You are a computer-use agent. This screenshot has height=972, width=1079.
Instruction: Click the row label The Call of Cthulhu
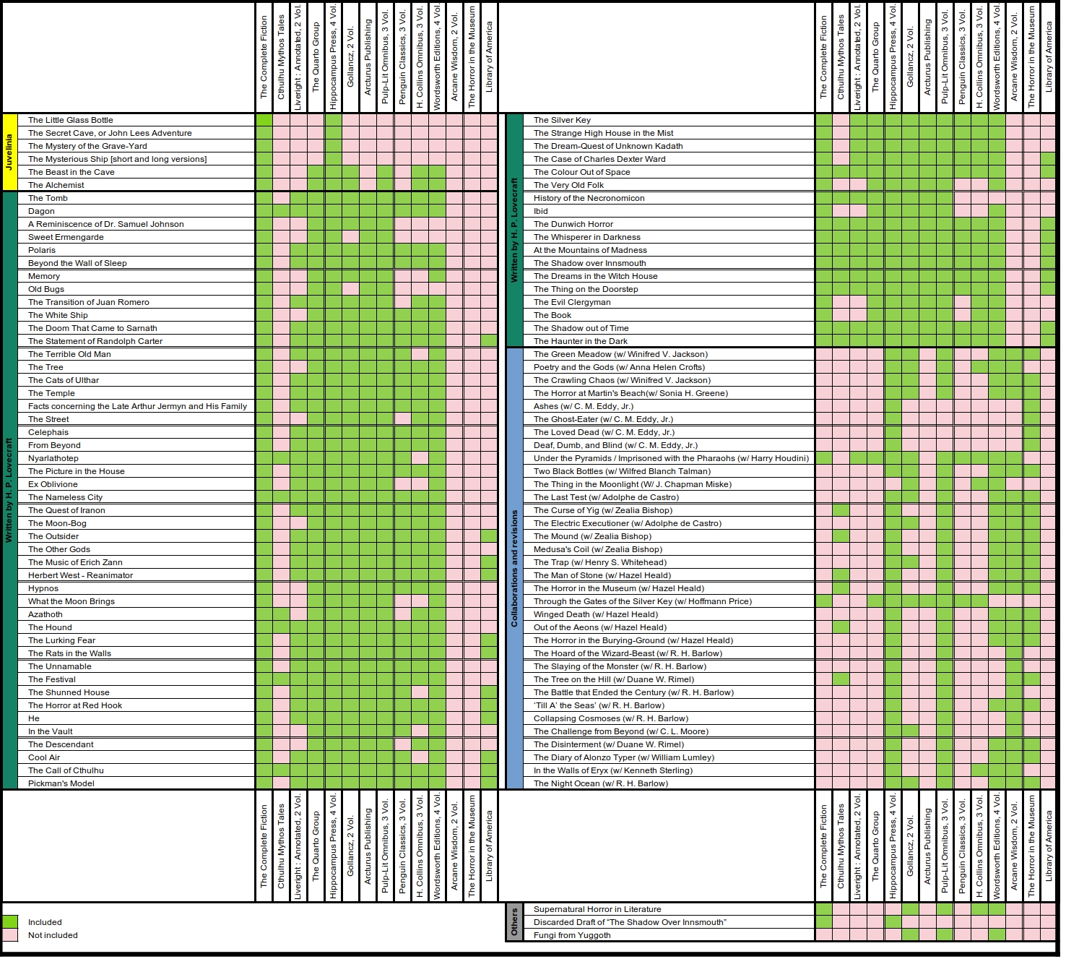[66, 770]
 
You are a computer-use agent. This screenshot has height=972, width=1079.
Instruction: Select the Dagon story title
[41, 211]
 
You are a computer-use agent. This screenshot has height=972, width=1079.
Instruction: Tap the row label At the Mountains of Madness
[590, 250]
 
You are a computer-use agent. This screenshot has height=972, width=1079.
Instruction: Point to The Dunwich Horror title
[573, 224]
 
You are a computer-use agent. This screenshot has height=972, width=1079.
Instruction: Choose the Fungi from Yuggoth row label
[572, 935]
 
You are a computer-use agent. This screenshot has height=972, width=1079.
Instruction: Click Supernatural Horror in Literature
[597, 909]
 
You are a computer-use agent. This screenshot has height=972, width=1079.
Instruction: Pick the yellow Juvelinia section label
[9, 152]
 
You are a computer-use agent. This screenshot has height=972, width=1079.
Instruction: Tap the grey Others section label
[514, 922]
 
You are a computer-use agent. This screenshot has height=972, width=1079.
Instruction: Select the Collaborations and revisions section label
[514, 568]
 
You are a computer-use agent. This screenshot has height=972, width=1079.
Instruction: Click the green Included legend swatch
[10, 922]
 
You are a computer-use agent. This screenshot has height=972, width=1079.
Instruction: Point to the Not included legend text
[53, 935]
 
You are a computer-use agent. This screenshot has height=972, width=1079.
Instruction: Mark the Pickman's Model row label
[61, 783]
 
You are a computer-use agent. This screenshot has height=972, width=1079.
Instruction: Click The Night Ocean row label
[600, 783]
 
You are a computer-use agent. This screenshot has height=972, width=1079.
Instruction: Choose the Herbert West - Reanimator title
[80, 575]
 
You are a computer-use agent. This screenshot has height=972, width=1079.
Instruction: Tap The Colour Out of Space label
[581, 172]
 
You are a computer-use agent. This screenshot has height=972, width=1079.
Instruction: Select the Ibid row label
[541, 211]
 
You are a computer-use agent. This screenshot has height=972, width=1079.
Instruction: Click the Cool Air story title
[44, 757]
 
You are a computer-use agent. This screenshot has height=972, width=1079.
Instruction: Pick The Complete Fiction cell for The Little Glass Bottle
[264, 120]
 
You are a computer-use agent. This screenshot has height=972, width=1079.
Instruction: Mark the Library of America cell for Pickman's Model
[489, 783]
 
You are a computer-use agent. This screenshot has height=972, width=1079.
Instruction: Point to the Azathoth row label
[45, 614]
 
